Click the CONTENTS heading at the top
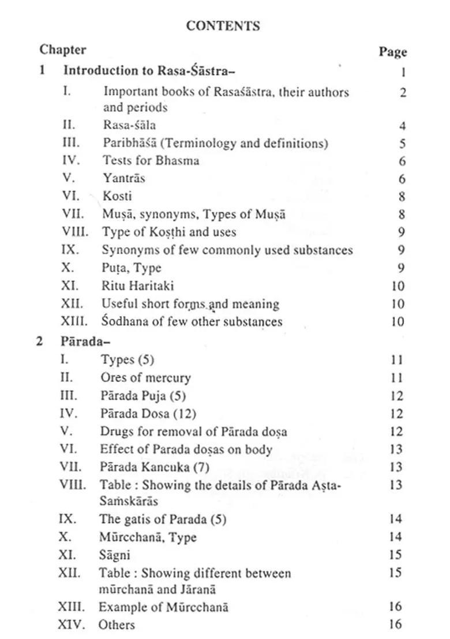(223, 26)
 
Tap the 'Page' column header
(392, 52)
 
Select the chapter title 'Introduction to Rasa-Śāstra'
(148, 71)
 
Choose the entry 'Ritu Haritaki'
(137, 286)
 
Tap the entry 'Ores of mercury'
(145, 378)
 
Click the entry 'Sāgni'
(114, 555)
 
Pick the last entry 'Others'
(117, 625)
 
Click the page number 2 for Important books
(403, 93)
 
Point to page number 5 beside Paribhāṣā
(402, 144)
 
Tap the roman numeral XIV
(72, 625)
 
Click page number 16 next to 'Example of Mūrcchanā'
(395, 607)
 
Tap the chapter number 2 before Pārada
(40, 341)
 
